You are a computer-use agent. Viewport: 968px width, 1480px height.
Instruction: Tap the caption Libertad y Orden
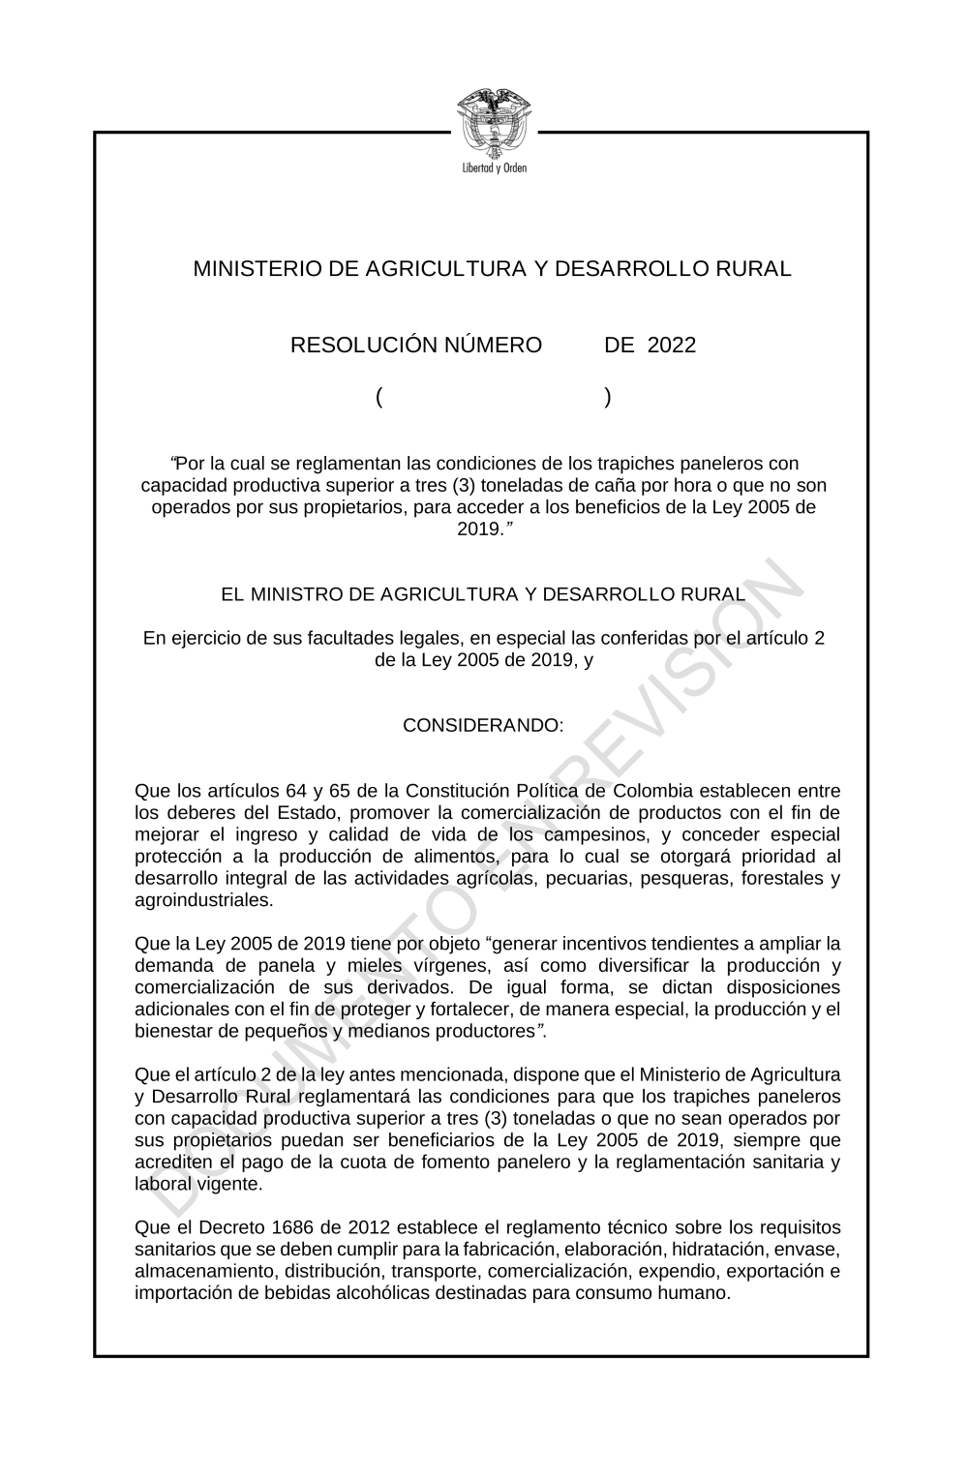tap(494, 167)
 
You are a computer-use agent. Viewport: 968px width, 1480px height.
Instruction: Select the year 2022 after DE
tap(672, 346)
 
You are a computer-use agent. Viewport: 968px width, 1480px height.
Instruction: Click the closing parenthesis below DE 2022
tap(607, 397)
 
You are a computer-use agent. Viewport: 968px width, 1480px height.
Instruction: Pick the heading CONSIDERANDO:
tap(483, 725)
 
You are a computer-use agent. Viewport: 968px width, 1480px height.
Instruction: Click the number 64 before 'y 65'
tap(296, 791)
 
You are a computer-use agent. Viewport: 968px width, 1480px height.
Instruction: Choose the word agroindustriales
tap(203, 900)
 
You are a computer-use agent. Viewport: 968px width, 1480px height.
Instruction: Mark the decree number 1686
tap(267, 1228)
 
